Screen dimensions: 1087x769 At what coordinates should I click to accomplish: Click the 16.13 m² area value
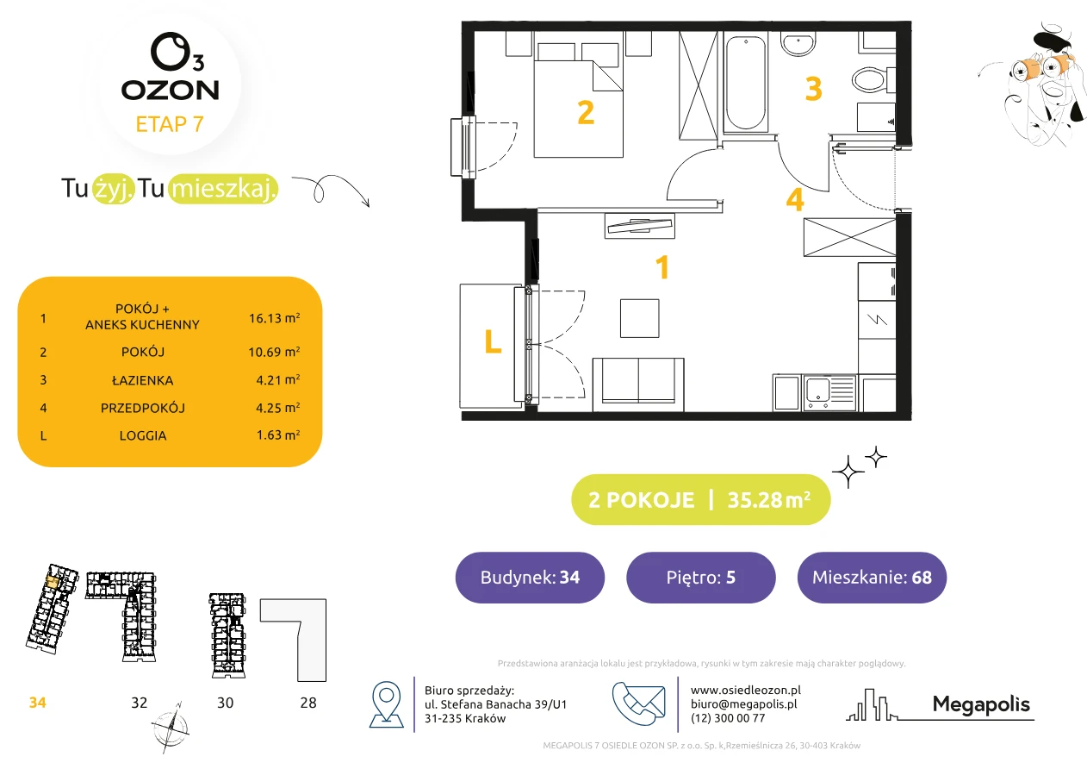point(274,318)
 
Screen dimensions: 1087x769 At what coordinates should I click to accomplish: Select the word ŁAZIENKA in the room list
point(143,380)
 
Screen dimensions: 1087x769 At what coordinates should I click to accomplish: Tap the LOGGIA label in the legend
point(143,435)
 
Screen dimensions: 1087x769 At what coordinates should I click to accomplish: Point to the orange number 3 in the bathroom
point(813,89)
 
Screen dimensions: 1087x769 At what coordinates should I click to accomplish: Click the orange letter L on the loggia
point(493,341)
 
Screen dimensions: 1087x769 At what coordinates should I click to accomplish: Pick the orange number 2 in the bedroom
point(586,113)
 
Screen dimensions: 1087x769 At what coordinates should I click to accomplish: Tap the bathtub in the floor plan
point(746,83)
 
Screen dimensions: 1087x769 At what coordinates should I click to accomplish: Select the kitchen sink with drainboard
point(829,392)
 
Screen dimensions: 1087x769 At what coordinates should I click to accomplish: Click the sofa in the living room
point(638,384)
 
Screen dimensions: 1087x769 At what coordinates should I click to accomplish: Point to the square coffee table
point(640,318)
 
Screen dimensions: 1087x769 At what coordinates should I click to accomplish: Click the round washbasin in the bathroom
point(798,44)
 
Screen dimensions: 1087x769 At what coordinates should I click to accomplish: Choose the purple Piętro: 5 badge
point(701,577)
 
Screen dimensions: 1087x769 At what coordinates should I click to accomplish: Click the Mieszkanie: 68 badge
point(872,577)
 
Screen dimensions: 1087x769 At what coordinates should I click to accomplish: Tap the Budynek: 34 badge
point(530,577)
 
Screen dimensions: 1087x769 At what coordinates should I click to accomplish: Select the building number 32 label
point(140,703)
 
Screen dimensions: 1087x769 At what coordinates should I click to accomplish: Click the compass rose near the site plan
point(171,728)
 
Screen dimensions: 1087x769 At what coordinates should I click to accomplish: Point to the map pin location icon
point(386,703)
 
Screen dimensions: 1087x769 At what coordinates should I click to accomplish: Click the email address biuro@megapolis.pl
point(744,703)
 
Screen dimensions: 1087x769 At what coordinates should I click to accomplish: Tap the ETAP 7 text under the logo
point(170,124)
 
